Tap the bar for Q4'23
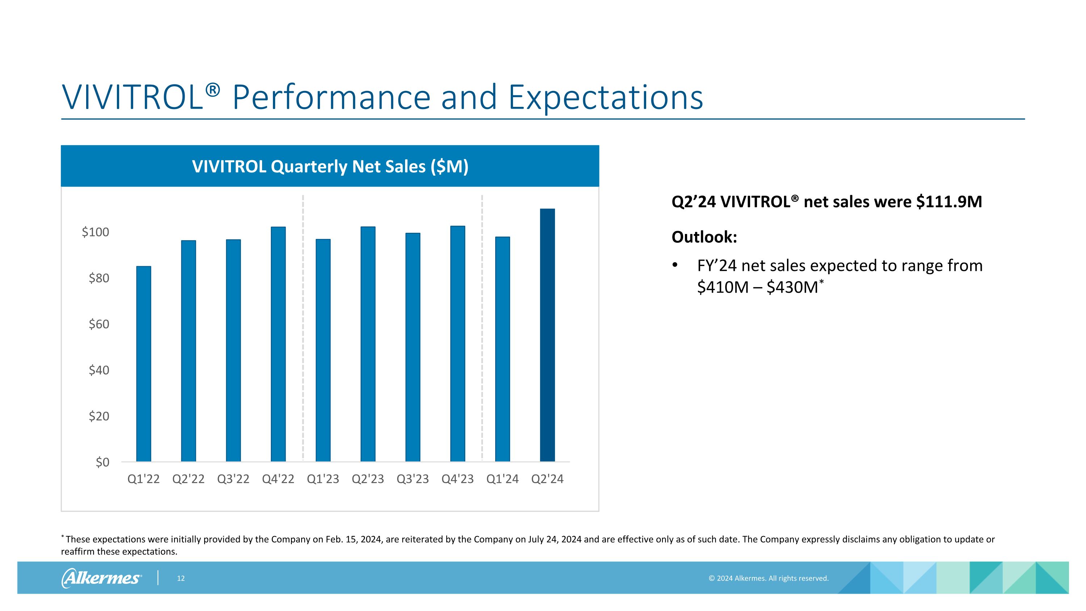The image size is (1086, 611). tap(458, 344)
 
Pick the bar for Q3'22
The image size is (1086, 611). tap(233, 350)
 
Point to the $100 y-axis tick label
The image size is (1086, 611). tap(95, 232)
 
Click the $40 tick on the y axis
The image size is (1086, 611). tap(99, 370)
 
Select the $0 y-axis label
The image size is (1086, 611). tap(102, 462)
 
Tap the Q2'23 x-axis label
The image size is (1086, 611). tap(368, 479)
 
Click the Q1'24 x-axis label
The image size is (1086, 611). tap(502, 479)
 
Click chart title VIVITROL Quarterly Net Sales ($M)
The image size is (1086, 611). tap(330, 167)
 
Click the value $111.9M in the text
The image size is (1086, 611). tap(949, 202)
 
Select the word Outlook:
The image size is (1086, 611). tap(704, 237)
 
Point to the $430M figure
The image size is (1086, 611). tap(792, 288)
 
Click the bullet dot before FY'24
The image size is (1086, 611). tap(675, 265)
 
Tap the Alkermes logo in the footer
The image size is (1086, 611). tap(102, 578)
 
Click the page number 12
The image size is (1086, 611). tap(180, 578)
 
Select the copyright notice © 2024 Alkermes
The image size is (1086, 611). tap(768, 578)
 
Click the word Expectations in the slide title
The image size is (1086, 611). tap(605, 97)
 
